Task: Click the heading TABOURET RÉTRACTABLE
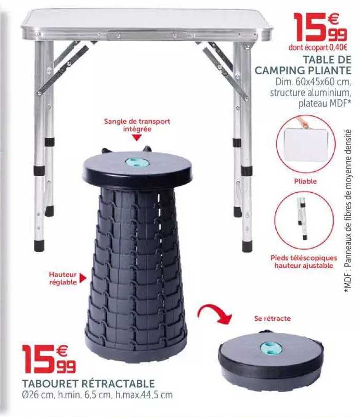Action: [88, 383]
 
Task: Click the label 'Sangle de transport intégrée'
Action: [137, 124]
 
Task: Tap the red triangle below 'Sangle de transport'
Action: [137, 138]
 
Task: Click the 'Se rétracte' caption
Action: [273, 318]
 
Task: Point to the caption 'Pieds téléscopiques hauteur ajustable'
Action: [304, 262]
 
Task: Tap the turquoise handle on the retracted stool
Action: [270, 346]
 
